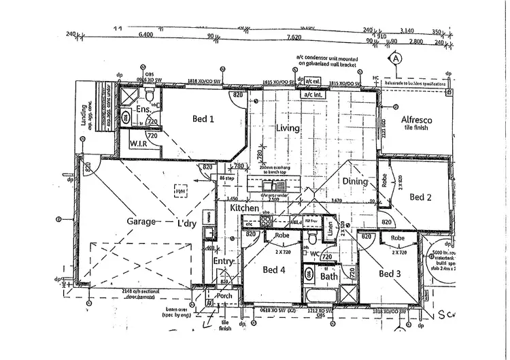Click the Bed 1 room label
click(203, 119)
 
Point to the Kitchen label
click(245, 207)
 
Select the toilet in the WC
click(312, 239)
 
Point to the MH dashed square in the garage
click(180, 192)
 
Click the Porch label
click(224, 296)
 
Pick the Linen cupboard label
click(328, 229)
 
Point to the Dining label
click(354, 182)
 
